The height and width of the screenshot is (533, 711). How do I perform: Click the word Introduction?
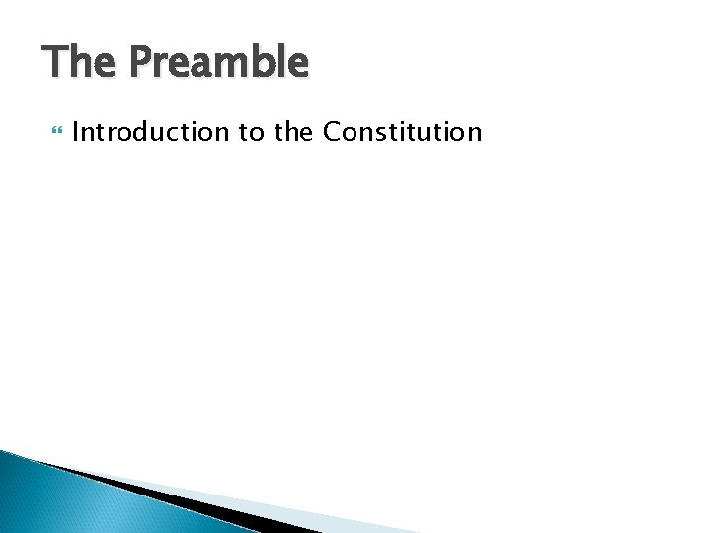[149, 131]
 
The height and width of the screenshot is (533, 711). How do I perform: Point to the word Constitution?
[403, 131]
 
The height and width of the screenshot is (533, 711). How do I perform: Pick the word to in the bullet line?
[250, 131]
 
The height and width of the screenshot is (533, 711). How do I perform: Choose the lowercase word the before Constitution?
[293, 131]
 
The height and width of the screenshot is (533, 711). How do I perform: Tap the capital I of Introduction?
[76, 131]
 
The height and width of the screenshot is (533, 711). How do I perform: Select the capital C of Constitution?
[333, 131]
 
